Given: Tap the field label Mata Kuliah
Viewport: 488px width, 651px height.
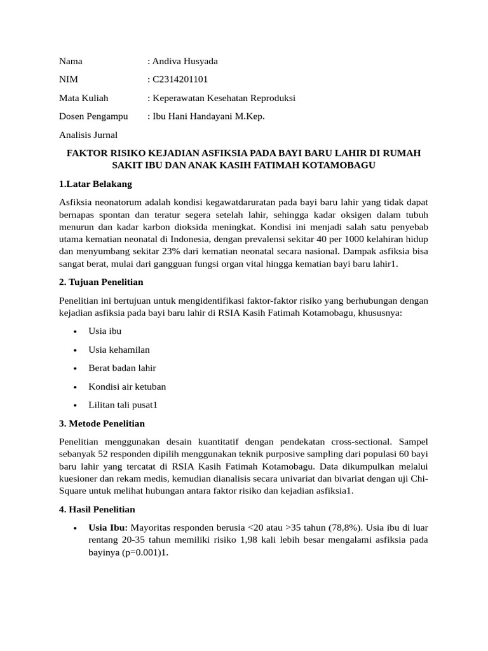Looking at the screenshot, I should (84, 98).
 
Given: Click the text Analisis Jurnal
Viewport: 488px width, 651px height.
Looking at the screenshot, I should (88, 135).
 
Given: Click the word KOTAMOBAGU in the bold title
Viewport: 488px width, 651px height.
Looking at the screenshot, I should (343, 165).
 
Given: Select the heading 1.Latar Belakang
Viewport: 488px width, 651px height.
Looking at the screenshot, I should (95, 184).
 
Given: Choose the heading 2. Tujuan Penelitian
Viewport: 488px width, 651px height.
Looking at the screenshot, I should (101, 282).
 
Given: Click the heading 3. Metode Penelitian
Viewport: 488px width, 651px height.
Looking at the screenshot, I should (102, 423).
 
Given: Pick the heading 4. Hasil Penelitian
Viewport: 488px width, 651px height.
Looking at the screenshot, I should (97, 509).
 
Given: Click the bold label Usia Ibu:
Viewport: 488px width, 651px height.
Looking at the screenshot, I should (109, 528).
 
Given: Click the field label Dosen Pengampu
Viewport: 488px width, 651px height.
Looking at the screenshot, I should (93, 116).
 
